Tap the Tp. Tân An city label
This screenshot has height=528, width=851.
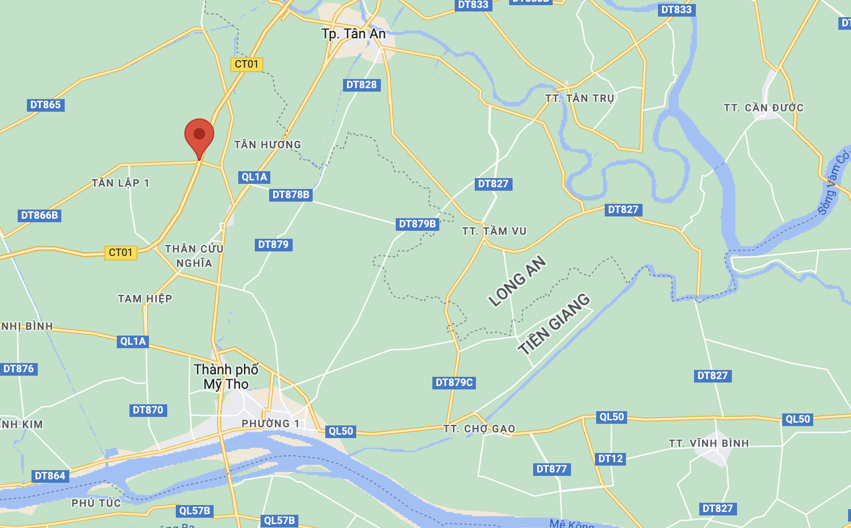353,34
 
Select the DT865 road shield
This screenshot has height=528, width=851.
45,105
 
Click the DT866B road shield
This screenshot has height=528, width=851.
40,215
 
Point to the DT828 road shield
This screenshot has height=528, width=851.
361,85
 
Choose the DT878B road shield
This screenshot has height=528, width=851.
291,195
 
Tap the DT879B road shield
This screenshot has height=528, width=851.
417,224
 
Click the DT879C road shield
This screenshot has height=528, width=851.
454,383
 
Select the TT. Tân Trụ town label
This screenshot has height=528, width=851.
580,98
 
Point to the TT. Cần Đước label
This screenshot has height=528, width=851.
763,108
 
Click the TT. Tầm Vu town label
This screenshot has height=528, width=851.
494,231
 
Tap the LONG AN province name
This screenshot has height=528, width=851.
517,281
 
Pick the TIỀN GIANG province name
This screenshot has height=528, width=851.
553,324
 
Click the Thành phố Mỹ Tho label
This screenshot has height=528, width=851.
226,376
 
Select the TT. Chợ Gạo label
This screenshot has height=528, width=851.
479,429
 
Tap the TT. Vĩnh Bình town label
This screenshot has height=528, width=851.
708,443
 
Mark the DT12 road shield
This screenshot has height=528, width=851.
610,459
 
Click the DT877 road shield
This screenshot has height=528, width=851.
551,469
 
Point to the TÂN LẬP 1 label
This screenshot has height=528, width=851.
120,183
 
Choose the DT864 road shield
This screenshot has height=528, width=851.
50,476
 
